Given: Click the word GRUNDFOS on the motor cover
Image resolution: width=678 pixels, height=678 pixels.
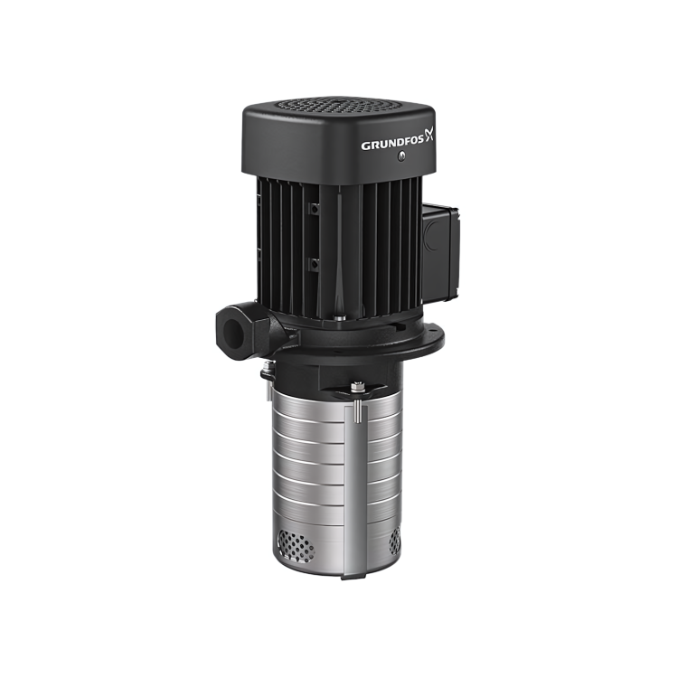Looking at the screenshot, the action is tap(392, 145).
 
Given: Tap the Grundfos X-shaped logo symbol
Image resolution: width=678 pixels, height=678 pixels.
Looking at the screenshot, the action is tap(428, 135).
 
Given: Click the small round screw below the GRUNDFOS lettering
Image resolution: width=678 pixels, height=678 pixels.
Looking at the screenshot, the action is tap(402, 155).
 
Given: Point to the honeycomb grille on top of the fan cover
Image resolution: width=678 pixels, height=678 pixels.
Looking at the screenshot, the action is tap(339, 105).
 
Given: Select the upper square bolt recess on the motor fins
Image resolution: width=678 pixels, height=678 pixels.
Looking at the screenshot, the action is tap(315, 209).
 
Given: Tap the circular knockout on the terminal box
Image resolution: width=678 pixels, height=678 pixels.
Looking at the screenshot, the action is tap(432, 236).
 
